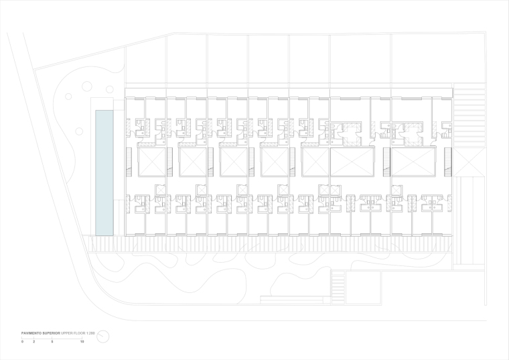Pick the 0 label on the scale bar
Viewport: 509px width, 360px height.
[22, 342]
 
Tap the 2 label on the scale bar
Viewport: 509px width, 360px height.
[33, 342]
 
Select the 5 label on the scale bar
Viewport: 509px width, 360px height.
[52, 342]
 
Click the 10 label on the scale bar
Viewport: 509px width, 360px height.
[82, 342]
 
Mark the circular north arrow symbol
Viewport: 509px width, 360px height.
[102, 337]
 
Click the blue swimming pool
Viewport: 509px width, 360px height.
[104, 173]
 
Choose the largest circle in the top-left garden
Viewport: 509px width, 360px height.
[87, 86]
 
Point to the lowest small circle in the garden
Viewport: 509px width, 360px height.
[68, 97]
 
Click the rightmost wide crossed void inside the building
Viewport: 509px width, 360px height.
[411, 163]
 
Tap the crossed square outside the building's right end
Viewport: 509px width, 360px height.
[468, 163]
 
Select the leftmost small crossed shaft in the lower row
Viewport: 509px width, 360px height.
[160, 190]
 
